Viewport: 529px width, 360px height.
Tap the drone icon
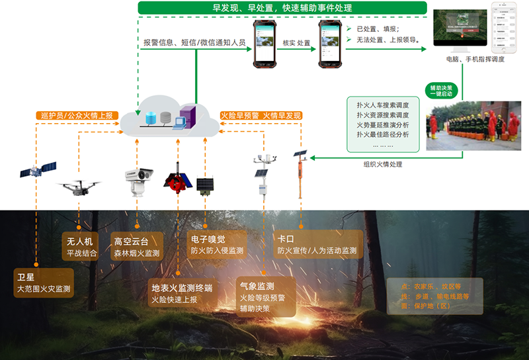(79, 187)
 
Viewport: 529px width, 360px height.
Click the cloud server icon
(169, 119)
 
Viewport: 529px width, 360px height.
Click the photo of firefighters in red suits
(473, 126)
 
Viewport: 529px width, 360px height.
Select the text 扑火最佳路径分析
(382, 134)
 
